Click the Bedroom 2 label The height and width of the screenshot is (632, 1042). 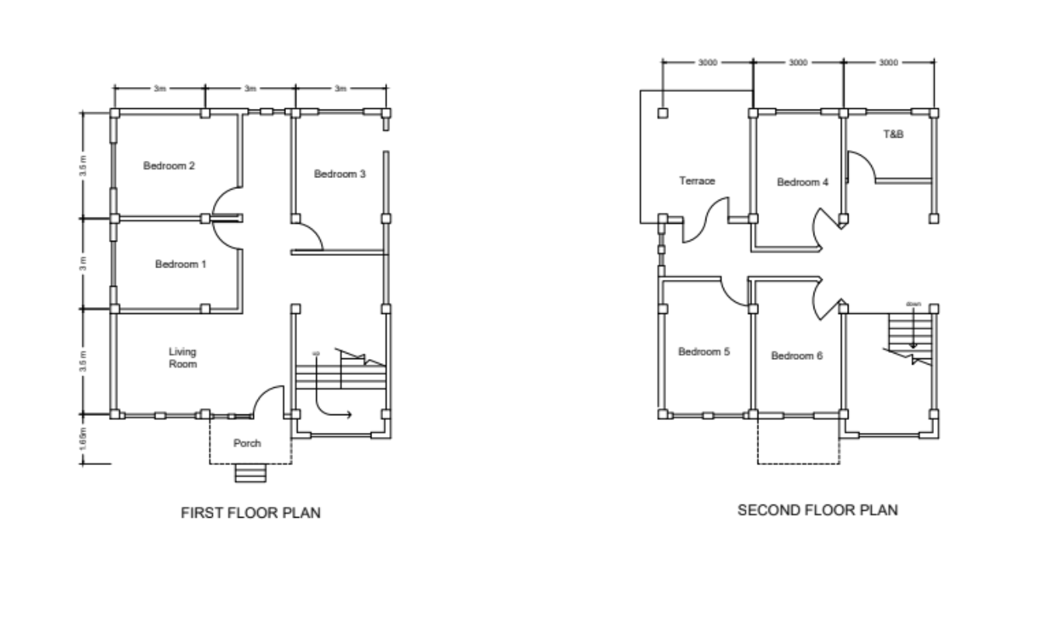[x=169, y=166]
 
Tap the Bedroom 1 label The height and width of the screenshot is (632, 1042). [x=180, y=264]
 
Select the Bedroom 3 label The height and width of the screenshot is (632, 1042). [x=340, y=174]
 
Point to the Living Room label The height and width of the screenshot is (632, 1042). [x=183, y=358]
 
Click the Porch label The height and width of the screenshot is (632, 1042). [x=248, y=444]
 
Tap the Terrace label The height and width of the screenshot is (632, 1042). [x=697, y=180]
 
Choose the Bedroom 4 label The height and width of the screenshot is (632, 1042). [x=803, y=183]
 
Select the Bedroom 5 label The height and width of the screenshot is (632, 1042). [x=704, y=351]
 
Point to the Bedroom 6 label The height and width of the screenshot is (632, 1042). [x=796, y=356]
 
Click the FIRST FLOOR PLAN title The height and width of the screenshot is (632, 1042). [x=250, y=513]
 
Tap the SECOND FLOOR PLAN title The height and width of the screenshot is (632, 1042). [x=817, y=511]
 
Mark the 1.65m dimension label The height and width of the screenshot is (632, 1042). [x=83, y=440]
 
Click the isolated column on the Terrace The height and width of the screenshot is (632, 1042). [x=662, y=113]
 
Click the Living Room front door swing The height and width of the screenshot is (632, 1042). [x=269, y=400]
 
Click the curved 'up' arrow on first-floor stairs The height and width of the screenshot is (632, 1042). [x=330, y=408]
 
